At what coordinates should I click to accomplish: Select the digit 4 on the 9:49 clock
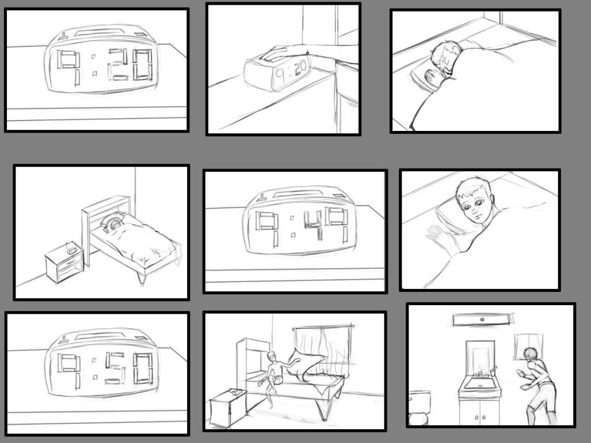click(x=313, y=225)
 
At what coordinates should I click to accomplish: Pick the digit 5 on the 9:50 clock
click(x=115, y=369)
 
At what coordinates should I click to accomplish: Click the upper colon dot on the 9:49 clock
click(x=291, y=217)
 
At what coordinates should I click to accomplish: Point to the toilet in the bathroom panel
click(x=419, y=407)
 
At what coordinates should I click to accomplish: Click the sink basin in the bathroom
click(x=478, y=384)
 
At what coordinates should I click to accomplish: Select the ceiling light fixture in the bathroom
click(x=482, y=320)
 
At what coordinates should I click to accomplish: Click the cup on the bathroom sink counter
click(x=493, y=373)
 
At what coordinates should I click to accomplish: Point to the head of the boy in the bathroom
click(x=531, y=355)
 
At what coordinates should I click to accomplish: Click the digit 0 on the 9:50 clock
click(x=143, y=369)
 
